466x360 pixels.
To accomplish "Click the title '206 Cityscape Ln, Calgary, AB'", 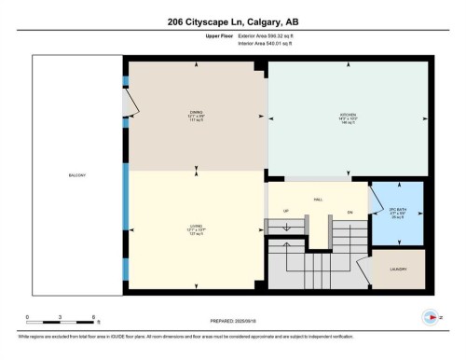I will [233, 20].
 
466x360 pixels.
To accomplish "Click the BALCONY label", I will [77, 174].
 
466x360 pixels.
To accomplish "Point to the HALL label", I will [318, 198].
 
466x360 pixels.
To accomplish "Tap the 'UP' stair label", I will [286, 212].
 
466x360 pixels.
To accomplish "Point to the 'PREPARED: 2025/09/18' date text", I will [233, 322].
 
